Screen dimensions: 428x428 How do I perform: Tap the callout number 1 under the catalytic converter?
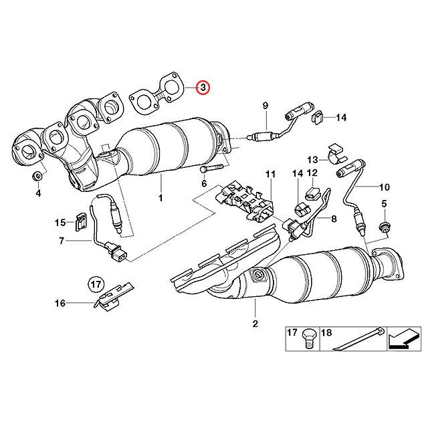pyautogui.click(x=160, y=198)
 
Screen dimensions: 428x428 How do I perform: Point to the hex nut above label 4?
pyautogui.click(x=37, y=176)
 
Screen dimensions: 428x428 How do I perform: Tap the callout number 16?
pyautogui.click(x=60, y=303)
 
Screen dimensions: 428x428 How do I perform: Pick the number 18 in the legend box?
pyautogui.click(x=327, y=331)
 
